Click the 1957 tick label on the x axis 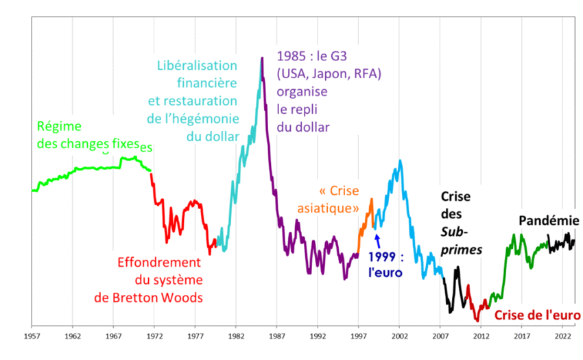pos(32,337)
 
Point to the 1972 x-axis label pos(154,337)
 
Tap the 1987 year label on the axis pos(276,337)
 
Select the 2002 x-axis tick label pos(399,337)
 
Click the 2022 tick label pos(562,337)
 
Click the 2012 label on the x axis pos(481,337)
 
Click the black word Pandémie pos(549,221)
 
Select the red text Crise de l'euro pos(536,315)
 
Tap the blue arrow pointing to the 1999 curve pos(377,240)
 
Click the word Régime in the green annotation pos(59,126)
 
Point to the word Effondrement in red pos(159,262)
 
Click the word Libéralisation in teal pos(197,66)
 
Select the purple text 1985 pos(293,57)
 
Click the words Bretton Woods pos(166,297)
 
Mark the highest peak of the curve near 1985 pos(261,59)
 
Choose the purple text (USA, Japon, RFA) pos(329,74)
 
